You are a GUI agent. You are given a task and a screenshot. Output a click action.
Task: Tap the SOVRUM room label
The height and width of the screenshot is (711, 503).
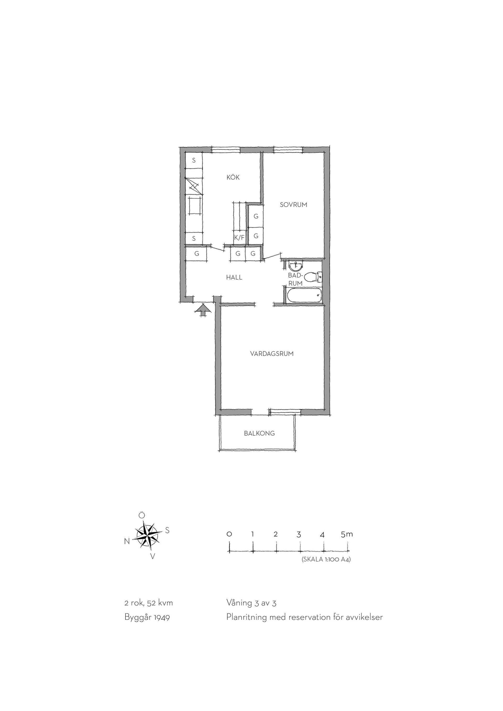293,205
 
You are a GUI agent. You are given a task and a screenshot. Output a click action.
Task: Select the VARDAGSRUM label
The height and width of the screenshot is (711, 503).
272,354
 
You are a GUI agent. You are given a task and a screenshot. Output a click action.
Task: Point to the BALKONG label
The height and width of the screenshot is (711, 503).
259,433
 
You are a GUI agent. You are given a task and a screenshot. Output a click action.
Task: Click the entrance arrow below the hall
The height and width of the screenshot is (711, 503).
203,310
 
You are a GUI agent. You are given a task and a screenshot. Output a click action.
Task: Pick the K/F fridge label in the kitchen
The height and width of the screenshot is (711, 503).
239,238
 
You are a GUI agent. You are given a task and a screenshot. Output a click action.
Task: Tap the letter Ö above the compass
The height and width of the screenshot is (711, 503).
141,515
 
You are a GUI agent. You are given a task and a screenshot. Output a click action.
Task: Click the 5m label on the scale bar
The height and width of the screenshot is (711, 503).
347,534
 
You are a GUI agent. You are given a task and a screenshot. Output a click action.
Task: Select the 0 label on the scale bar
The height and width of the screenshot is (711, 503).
229,534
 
